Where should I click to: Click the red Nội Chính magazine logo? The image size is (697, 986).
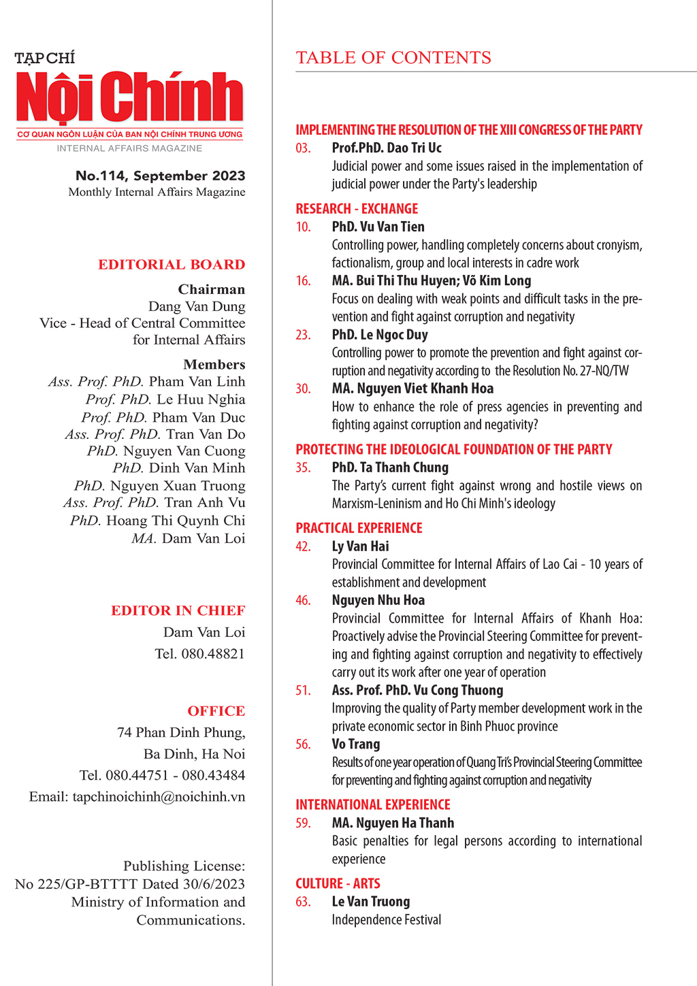point(129,97)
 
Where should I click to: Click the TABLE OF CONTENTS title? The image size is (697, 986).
point(393,58)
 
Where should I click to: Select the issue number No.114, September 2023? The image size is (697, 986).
point(160,176)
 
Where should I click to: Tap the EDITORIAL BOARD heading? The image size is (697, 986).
point(172,265)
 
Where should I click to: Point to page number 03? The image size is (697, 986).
point(303,148)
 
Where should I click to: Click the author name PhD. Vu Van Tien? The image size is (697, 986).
point(378,227)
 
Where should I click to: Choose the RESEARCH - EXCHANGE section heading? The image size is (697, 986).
point(357,209)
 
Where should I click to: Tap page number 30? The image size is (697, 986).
point(303,389)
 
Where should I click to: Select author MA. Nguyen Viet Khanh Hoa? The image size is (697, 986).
point(412,389)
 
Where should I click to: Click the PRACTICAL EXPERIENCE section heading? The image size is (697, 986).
point(359,528)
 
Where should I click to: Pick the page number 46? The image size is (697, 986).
point(303,600)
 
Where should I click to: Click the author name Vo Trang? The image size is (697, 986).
point(356,744)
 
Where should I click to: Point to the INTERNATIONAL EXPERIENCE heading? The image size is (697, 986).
point(373,804)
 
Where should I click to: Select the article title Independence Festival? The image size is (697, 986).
point(386,919)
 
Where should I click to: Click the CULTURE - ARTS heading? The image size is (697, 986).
point(338,883)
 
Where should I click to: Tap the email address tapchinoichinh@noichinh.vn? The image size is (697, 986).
point(159,797)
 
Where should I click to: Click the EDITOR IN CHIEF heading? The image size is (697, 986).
point(178,610)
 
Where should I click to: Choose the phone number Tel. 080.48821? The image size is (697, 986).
point(199,654)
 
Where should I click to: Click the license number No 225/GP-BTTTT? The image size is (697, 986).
point(76,884)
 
